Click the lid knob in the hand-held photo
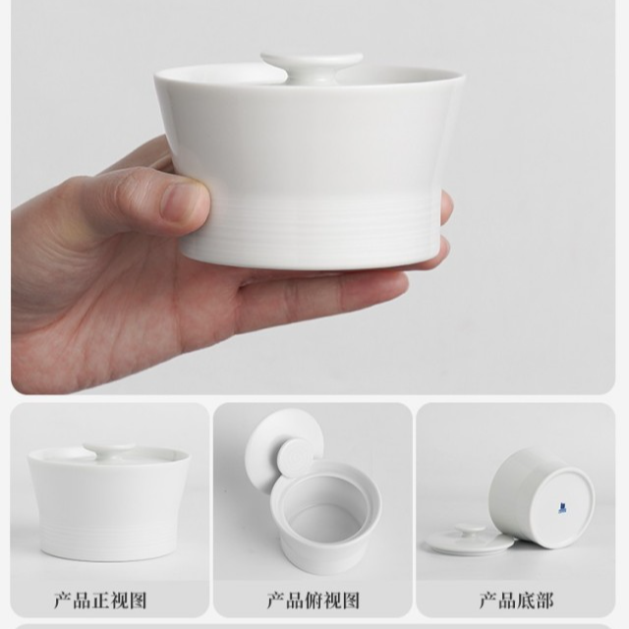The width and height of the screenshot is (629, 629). pos(312,64)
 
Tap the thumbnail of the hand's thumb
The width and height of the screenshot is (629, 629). pos(184,202)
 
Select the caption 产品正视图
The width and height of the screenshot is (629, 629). pos(100,600)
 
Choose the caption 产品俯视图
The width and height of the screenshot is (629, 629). pos(314,600)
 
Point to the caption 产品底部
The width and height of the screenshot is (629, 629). pos(516,600)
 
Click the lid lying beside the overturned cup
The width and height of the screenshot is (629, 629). pos(469,539)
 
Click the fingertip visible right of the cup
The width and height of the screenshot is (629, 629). pos(445,206)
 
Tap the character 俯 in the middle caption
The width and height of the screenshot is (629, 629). pos(314,600)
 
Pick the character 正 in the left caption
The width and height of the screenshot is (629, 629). pos(100,600)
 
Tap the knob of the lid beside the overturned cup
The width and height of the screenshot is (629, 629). pos(470,529)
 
